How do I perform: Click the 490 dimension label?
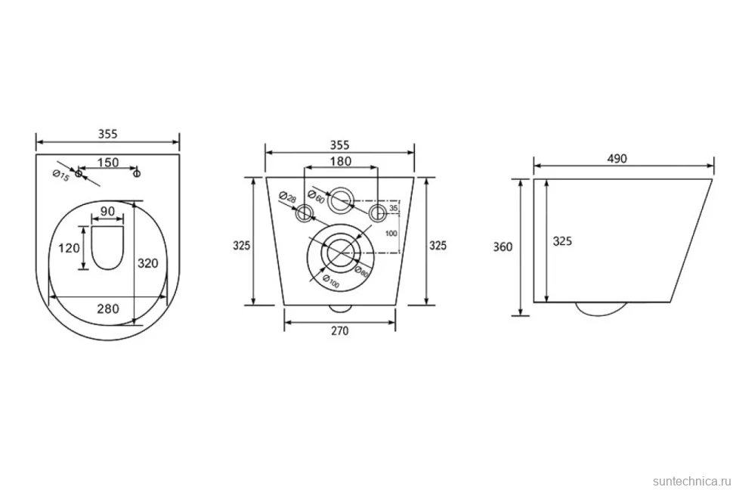pos(617,159)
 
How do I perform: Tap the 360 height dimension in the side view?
pos(503,247)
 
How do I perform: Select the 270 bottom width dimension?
pos(340,331)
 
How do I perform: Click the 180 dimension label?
pos(341,162)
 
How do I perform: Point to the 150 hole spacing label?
pos(108,163)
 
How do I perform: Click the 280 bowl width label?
pos(108,309)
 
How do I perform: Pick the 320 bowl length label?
pos(147,263)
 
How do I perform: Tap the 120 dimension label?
pos(70,247)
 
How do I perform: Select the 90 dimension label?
pos(107,211)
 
